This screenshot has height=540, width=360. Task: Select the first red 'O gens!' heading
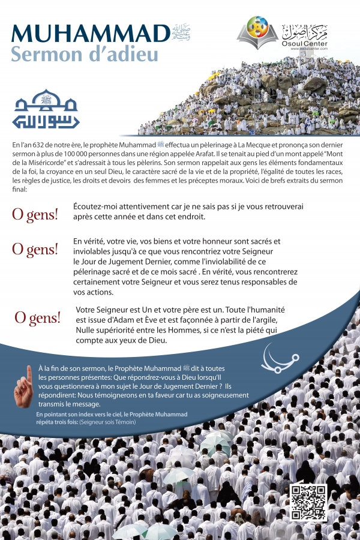coord(35,214)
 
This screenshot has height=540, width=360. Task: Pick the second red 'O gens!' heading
coord(35,248)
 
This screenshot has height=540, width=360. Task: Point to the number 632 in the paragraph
coord(40,145)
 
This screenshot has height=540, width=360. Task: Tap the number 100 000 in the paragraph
coord(71,154)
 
